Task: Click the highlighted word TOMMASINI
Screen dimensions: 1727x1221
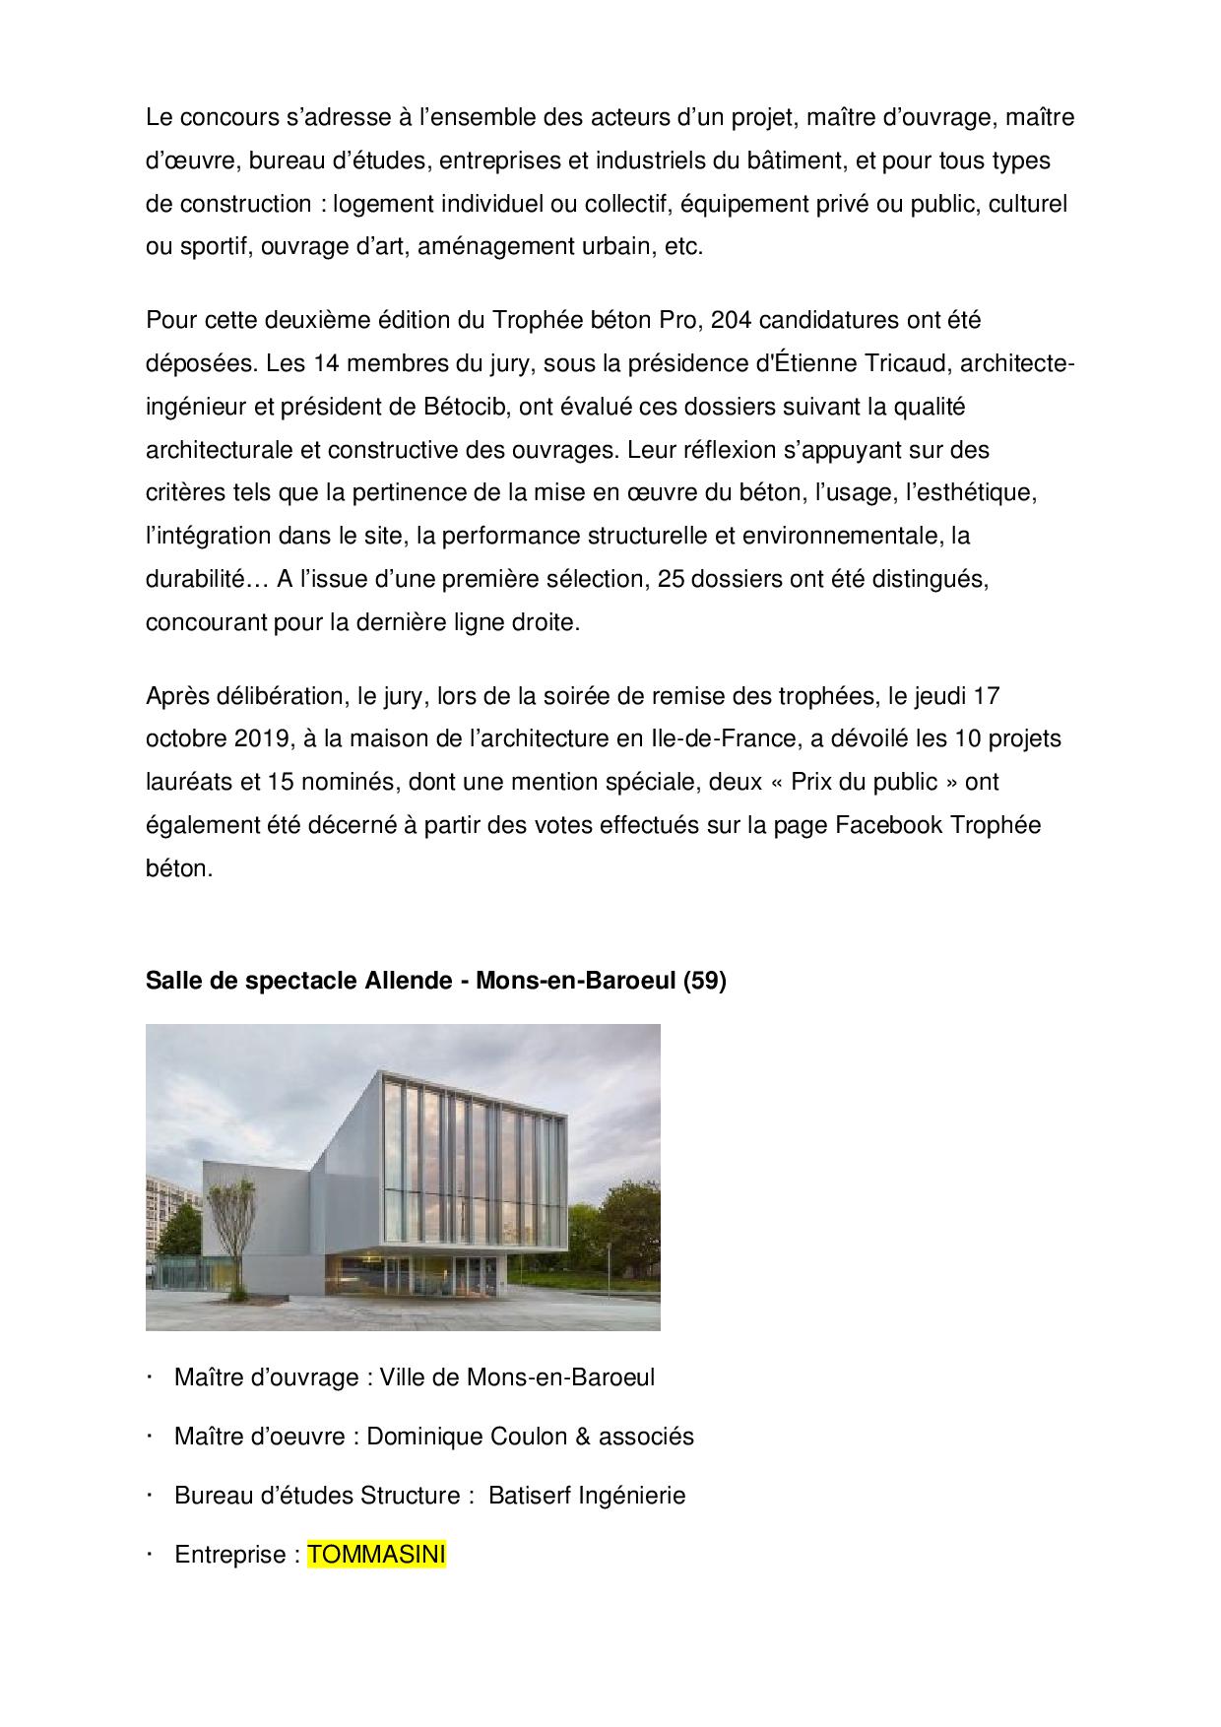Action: click(377, 1555)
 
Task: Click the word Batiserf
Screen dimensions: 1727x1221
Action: click(531, 1496)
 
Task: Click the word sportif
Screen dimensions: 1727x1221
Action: click(216, 247)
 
